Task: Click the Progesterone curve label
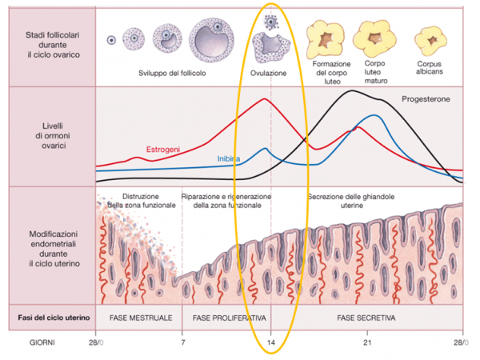click(x=426, y=100)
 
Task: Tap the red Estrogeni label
click(x=162, y=149)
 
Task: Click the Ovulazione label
click(x=270, y=74)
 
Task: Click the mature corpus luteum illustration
click(x=374, y=35)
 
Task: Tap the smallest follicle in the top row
click(x=112, y=39)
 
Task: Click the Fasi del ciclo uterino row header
click(x=48, y=317)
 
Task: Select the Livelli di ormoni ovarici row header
click(x=48, y=134)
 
